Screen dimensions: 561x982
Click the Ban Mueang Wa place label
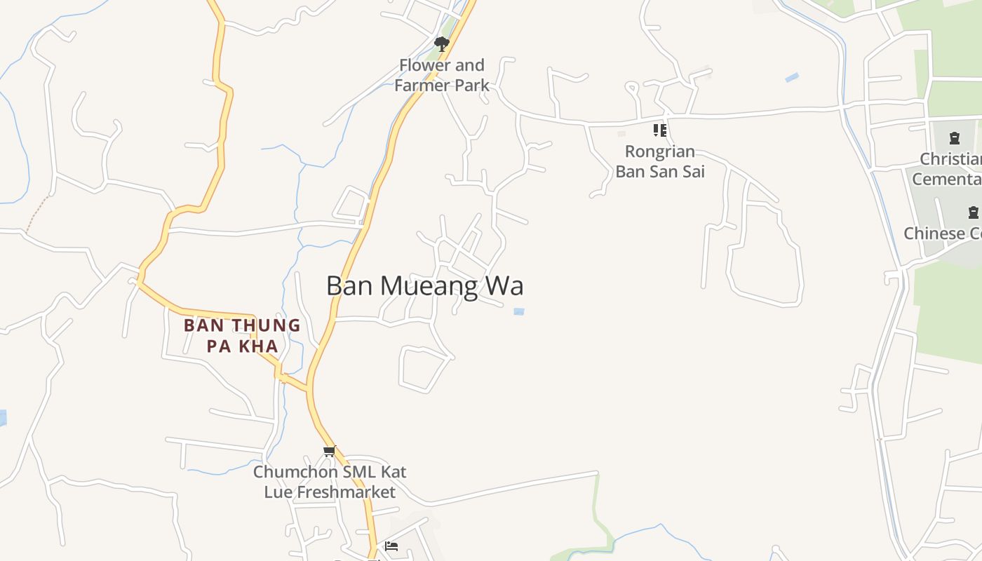424,286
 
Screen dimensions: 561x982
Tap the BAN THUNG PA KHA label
242,335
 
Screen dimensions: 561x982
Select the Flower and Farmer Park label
442,75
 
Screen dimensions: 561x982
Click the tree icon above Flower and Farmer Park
441,44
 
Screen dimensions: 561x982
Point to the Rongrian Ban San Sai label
659,161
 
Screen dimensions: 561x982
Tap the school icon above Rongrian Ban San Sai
659,130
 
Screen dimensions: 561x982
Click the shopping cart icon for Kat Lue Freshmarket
329,451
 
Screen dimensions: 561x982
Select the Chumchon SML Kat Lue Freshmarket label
330,482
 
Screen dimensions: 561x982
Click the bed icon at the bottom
391,546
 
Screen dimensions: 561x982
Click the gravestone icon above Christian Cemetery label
954,137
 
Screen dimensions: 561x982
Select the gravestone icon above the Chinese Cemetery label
973,212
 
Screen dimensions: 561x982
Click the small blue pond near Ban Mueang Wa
519,311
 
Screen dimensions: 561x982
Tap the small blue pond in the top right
792,77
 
